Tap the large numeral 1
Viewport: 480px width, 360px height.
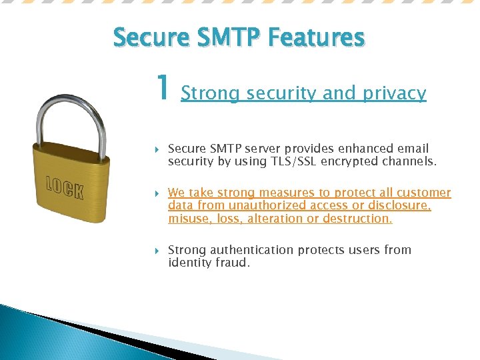coord(161,87)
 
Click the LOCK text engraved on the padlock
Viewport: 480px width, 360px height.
coord(65,188)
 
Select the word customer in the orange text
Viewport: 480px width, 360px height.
coord(424,193)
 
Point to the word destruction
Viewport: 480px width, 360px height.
coord(359,218)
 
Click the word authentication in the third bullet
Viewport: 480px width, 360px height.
coord(251,250)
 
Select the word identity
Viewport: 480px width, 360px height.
coord(189,263)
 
